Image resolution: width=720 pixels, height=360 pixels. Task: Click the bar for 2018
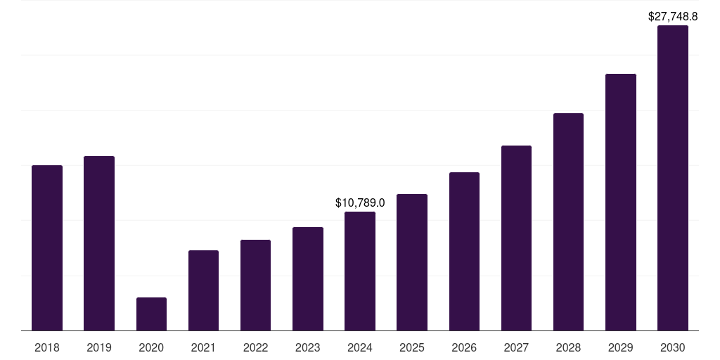point(47,247)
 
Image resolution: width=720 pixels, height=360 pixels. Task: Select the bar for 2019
point(99,243)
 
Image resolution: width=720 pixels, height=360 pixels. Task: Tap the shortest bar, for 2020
point(151,314)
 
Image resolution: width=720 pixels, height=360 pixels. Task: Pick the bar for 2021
point(203,290)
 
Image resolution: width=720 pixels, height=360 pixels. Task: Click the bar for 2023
point(308,278)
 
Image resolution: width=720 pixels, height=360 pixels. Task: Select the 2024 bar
point(360,271)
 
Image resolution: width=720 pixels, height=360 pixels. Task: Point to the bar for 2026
point(464,251)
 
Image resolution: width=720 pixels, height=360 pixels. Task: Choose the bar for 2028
point(568,221)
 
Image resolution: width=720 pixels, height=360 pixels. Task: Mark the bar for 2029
point(621,202)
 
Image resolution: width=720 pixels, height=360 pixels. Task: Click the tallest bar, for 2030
point(673,178)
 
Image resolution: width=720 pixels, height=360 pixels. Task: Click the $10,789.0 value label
point(360,203)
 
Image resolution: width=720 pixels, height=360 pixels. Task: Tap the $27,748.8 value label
point(673,16)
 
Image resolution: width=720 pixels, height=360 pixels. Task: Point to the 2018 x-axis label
point(47,347)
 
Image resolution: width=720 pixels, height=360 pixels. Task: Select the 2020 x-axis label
point(151,347)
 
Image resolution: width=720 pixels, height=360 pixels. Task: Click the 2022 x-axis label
point(255,347)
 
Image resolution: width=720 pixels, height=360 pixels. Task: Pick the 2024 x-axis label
point(360,347)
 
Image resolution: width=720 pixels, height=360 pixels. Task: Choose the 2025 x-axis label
point(412,347)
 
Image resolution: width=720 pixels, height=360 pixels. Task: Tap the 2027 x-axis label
point(516,347)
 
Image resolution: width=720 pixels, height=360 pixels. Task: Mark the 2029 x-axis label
point(621,347)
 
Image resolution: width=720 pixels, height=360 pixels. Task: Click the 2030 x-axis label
point(673,347)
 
